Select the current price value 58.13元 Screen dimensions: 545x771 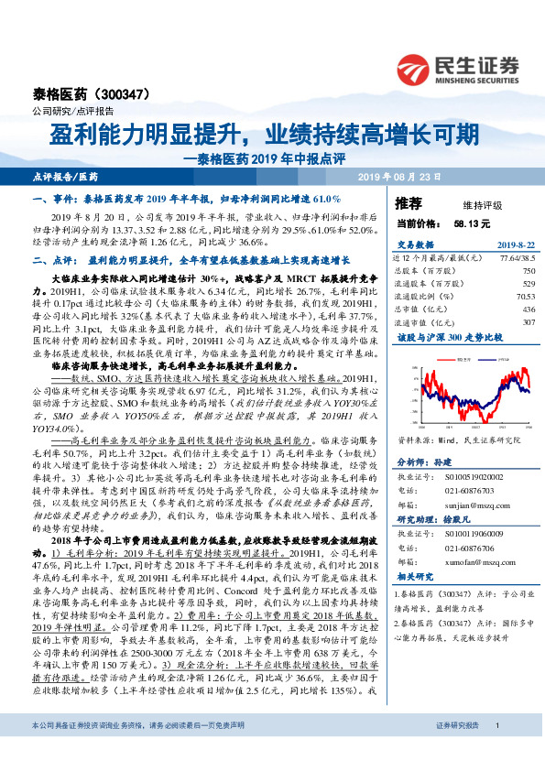click(472, 223)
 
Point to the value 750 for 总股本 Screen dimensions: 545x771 click(528, 271)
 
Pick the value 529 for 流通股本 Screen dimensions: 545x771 click(528, 284)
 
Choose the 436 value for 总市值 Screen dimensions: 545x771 click(528, 309)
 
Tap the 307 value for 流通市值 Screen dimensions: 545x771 click(528, 322)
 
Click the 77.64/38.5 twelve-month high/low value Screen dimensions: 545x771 click(516, 259)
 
